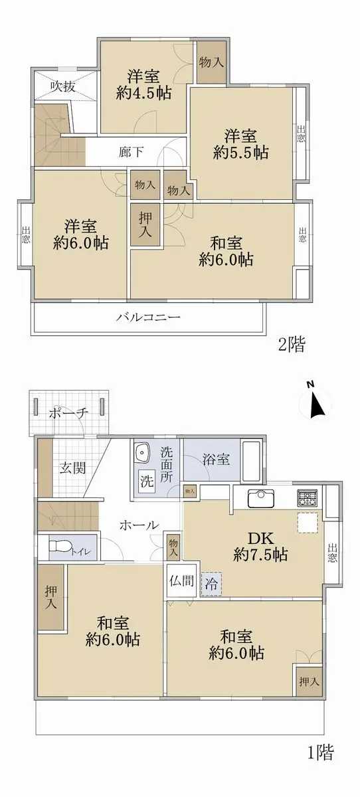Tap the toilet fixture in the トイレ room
point(58,546)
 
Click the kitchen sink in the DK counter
point(261,499)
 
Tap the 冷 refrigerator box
point(211,584)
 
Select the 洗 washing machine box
point(147,481)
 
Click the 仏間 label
point(181,580)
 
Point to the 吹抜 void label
point(62,86)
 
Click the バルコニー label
point(148,317)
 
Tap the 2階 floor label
point(292,345)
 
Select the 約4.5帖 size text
point(143,93)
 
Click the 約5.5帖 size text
point(240,153)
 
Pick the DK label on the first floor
point(261,539)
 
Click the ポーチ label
point(68,412)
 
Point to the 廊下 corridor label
point(132,152)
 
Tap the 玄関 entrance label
point(72,468)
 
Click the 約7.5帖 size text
point(260,555)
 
